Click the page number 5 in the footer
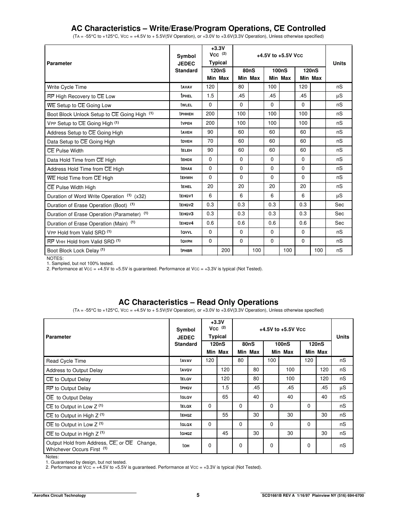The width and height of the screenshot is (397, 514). pyautogui.click(x=198, y=495)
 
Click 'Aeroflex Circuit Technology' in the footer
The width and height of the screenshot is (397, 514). pyautogui.click(x=60, y=495)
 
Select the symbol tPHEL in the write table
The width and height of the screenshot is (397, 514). pyautogui.click(x=186, y=96)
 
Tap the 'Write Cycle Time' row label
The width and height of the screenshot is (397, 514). pyautogui.click(x=67, y=87)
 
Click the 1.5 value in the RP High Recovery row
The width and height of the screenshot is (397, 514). pyautogui.click(x=210, y=96)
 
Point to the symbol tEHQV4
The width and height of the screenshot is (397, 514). pyautogui.click(x=186, y=223)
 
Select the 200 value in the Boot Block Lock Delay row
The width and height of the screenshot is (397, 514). pyautogui.click(x=226, y=250)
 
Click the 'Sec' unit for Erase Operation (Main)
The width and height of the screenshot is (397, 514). pyautogui.click(x=339, y=223)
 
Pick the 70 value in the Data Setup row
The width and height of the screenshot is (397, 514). pyautogui.click(x=210, y=141)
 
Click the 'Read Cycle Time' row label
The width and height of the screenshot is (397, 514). pyautogui.click(x=66, y=361)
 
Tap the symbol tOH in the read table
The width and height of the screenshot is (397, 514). pyautogui.click(x=186, y=446)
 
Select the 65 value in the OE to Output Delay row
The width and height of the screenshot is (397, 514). pyautogui.click(x=225, y=397)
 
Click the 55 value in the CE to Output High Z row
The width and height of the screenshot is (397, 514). pyautogui.click(x=225, y=415)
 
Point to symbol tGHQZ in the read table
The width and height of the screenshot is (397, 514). pyautogui.click(x=186, y=433)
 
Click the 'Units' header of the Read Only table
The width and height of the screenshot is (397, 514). pyautogui.click(x=342, y=337)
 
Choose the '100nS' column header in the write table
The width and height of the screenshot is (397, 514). pyautogui.click(x=280, y=70)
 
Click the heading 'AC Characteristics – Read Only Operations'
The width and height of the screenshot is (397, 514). pyautogui.click(x=198, y=302)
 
